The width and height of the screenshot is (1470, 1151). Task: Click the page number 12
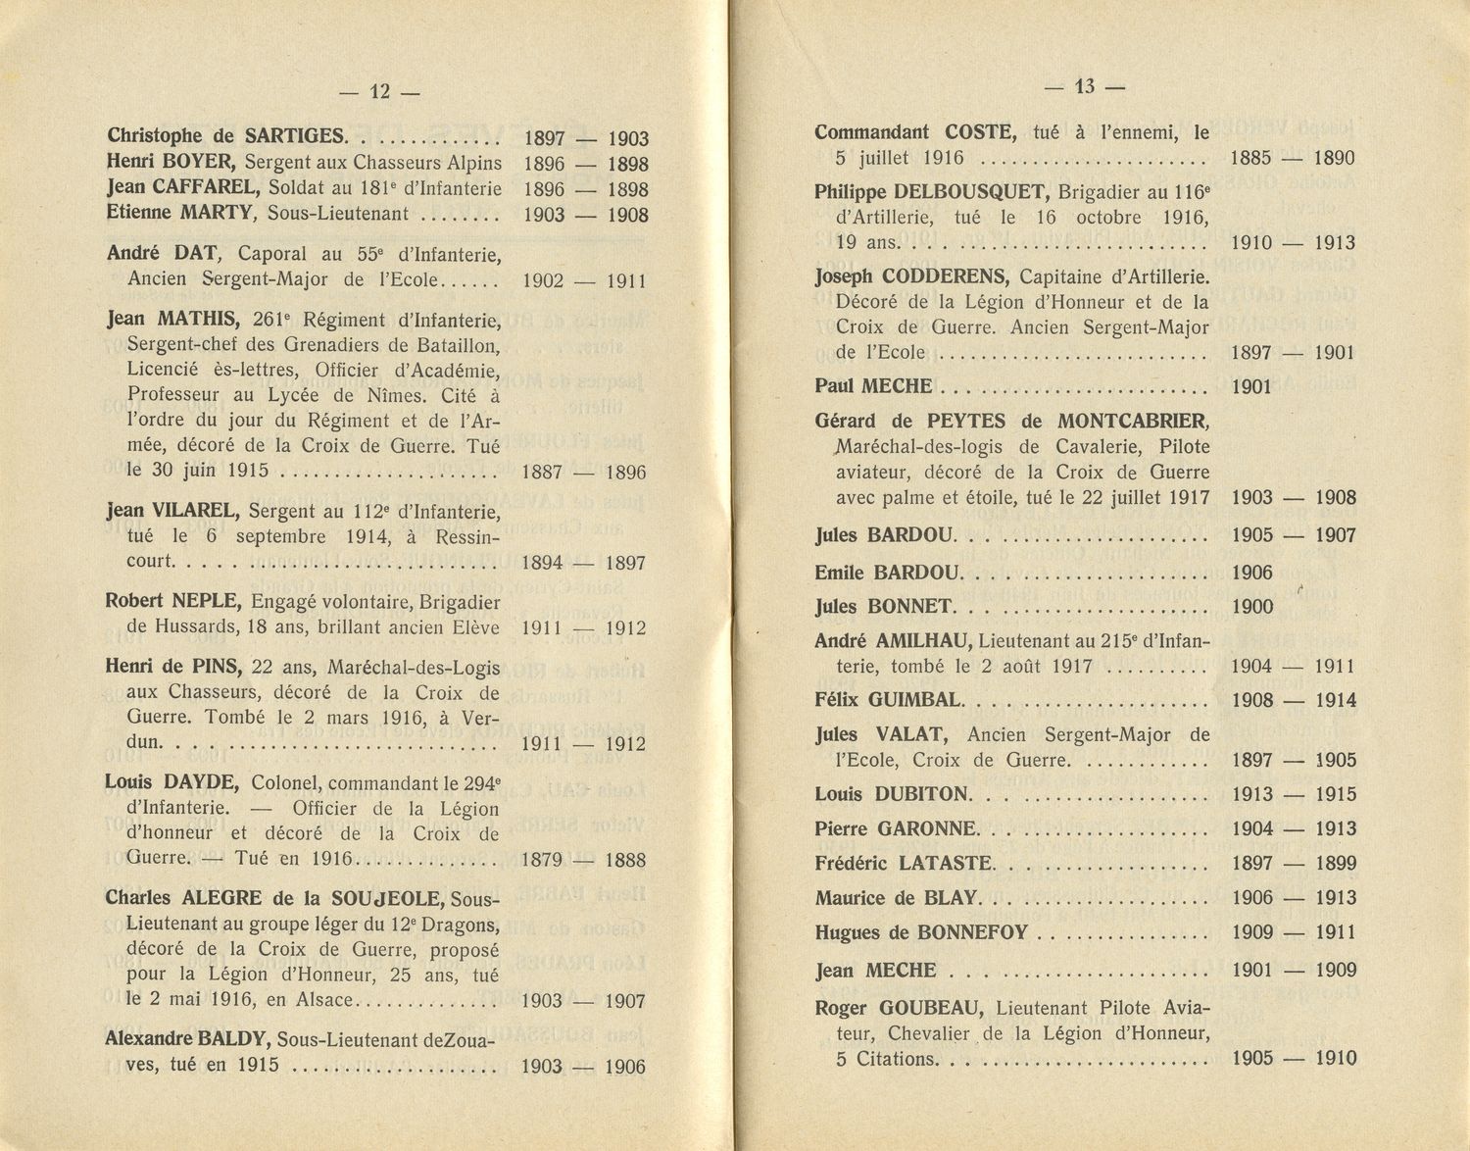coord(379,92)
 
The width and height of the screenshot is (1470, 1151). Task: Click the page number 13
coord(1084,86)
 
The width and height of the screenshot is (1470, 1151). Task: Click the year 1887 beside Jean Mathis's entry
coord(542,473)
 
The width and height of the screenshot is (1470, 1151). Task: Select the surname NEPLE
coord(205,602)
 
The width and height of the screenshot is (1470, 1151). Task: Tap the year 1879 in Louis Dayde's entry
coord(541,861)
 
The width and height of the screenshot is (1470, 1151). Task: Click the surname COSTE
coord(979,132)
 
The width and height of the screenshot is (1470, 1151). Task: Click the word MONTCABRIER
coord(1133,422)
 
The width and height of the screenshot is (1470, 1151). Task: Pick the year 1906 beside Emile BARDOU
coord(1251,574)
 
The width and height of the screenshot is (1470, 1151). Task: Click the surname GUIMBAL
coord(916,700)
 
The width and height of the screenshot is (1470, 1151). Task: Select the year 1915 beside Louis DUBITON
coord(1336,795)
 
